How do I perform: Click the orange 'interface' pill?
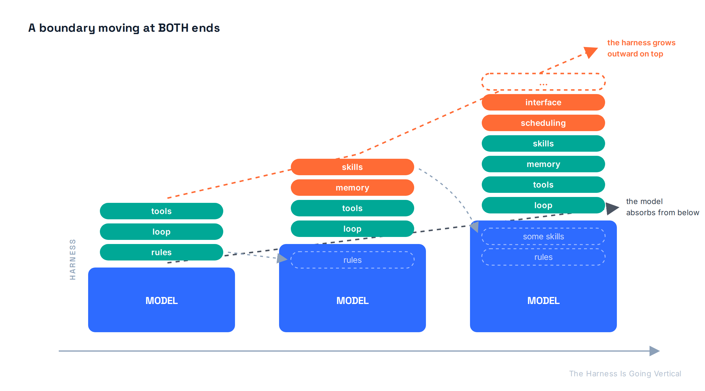(x=543, y=102)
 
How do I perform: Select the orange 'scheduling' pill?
(x=543, y=123)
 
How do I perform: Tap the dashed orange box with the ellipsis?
(x=543, y=74)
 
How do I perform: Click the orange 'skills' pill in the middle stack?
(x=352, y=167)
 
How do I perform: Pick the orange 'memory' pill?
(x=352, y=188)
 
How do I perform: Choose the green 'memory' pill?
(x=543, y=164)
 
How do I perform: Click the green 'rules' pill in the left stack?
(x=161, y=252)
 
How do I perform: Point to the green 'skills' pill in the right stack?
(x=543, y=143)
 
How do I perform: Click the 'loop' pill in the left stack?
(x=161, y=232)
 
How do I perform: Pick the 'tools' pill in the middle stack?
(x=352, y=208)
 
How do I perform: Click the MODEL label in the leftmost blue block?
(x=162, y=300)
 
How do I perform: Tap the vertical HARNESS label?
(x=73, y=259)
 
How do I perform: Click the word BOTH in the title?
(x=173, y=28)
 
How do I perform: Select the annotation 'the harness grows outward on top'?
(x=641, y=48)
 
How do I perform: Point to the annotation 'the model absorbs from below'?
(x=662, y=207)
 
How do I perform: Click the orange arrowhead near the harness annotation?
(x=590, y=52)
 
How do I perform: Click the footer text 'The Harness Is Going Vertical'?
(x=625, y=373)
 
